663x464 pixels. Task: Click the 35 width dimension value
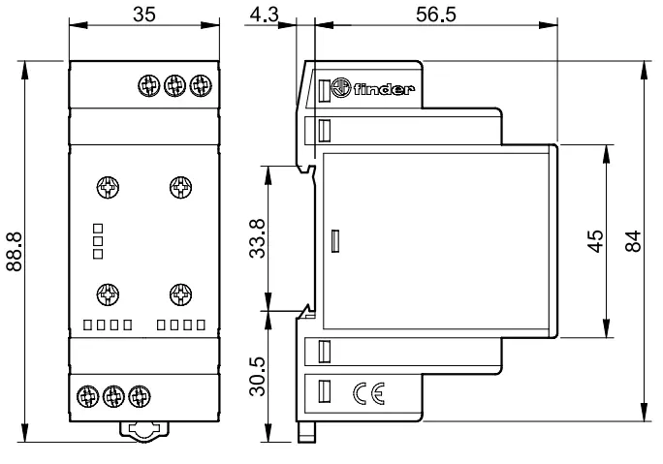click(x=144, y=15)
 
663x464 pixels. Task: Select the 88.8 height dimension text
click(x=15, y=252)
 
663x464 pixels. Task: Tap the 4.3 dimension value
click(x=265, y=15)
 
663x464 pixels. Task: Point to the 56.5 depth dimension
click(x=436, y=15)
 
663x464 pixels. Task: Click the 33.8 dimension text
click(x=257, y=238)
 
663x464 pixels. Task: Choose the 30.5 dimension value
click(x=257, y=376)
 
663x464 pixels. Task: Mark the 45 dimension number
click(x=595, y=241)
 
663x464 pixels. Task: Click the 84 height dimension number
click(x=633, y=241)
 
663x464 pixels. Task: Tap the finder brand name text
click(x=384, y=89)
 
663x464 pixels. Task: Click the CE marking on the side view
click(x=368, y=394)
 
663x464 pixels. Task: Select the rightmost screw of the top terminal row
click(x=201, y=86)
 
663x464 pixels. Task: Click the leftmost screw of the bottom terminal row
click(x=88, y=396)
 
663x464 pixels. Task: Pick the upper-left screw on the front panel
click(x=108, y=187)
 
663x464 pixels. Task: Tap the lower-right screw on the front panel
click(x=180, y=294)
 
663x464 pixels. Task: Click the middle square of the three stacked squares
click(x=98, y=241)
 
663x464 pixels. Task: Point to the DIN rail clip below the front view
click(x=144, y=431)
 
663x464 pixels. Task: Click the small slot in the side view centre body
click(x=334, y=241)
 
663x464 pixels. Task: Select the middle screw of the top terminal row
click(x=174, y=86)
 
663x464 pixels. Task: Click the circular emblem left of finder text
click(x=341, y=88)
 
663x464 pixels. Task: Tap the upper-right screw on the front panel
click(x=180, y=187)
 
